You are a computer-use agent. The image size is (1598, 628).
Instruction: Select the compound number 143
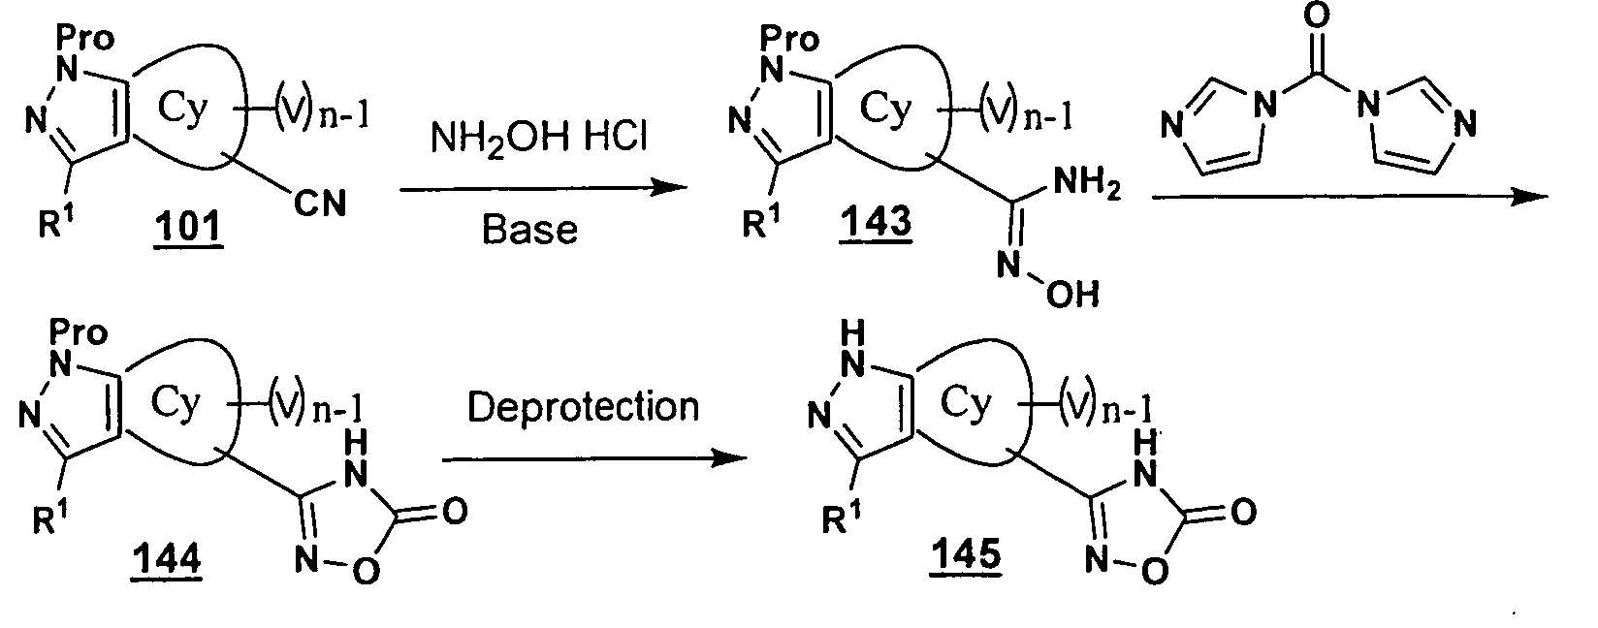point(876,222)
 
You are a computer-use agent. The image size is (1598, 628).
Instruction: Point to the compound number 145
point(966,553)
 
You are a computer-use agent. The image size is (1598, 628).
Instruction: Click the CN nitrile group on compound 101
point(320,204)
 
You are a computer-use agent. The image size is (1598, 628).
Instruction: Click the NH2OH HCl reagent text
point(539,136)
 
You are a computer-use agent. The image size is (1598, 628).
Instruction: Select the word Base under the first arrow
point(529,230)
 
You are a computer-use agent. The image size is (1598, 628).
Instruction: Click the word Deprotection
point(583,407)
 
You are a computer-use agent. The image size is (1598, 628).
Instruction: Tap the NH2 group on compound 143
point(1087,183)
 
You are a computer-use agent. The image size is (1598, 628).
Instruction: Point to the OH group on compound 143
point(1073,294)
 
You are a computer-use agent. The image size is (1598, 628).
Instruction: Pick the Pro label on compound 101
point(85,38)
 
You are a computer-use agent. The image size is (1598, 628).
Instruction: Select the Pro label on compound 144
point(79,332)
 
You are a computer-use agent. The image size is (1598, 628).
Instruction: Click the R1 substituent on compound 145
point(841,518)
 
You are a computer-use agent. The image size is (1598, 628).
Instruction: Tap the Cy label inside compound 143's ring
point(885,110)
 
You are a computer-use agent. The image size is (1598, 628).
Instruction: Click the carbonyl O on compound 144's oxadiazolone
point(455,511)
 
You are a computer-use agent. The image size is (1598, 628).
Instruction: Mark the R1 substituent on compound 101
point(56,222)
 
